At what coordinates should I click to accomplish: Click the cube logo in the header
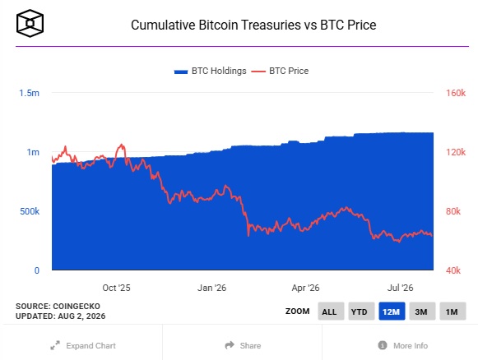30,24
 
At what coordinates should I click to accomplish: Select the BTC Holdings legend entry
210,71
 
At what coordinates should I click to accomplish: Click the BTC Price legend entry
280,71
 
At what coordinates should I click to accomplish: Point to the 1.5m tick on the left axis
30,93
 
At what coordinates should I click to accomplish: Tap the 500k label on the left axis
30,211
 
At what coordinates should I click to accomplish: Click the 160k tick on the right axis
456,93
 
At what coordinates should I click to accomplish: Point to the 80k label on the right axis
453,211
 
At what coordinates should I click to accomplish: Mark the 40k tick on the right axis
453,270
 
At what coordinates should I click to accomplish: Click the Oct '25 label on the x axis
116,288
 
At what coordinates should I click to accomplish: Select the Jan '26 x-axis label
212,288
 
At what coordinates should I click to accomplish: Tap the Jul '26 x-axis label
401,288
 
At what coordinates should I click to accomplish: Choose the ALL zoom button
331,312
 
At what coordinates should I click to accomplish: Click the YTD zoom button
361,312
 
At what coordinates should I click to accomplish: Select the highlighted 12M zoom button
392,312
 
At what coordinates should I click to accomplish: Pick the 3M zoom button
422,312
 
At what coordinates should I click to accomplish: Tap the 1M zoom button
452,312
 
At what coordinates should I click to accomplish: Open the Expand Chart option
83,346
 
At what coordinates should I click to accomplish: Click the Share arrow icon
230,345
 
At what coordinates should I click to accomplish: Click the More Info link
402,346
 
